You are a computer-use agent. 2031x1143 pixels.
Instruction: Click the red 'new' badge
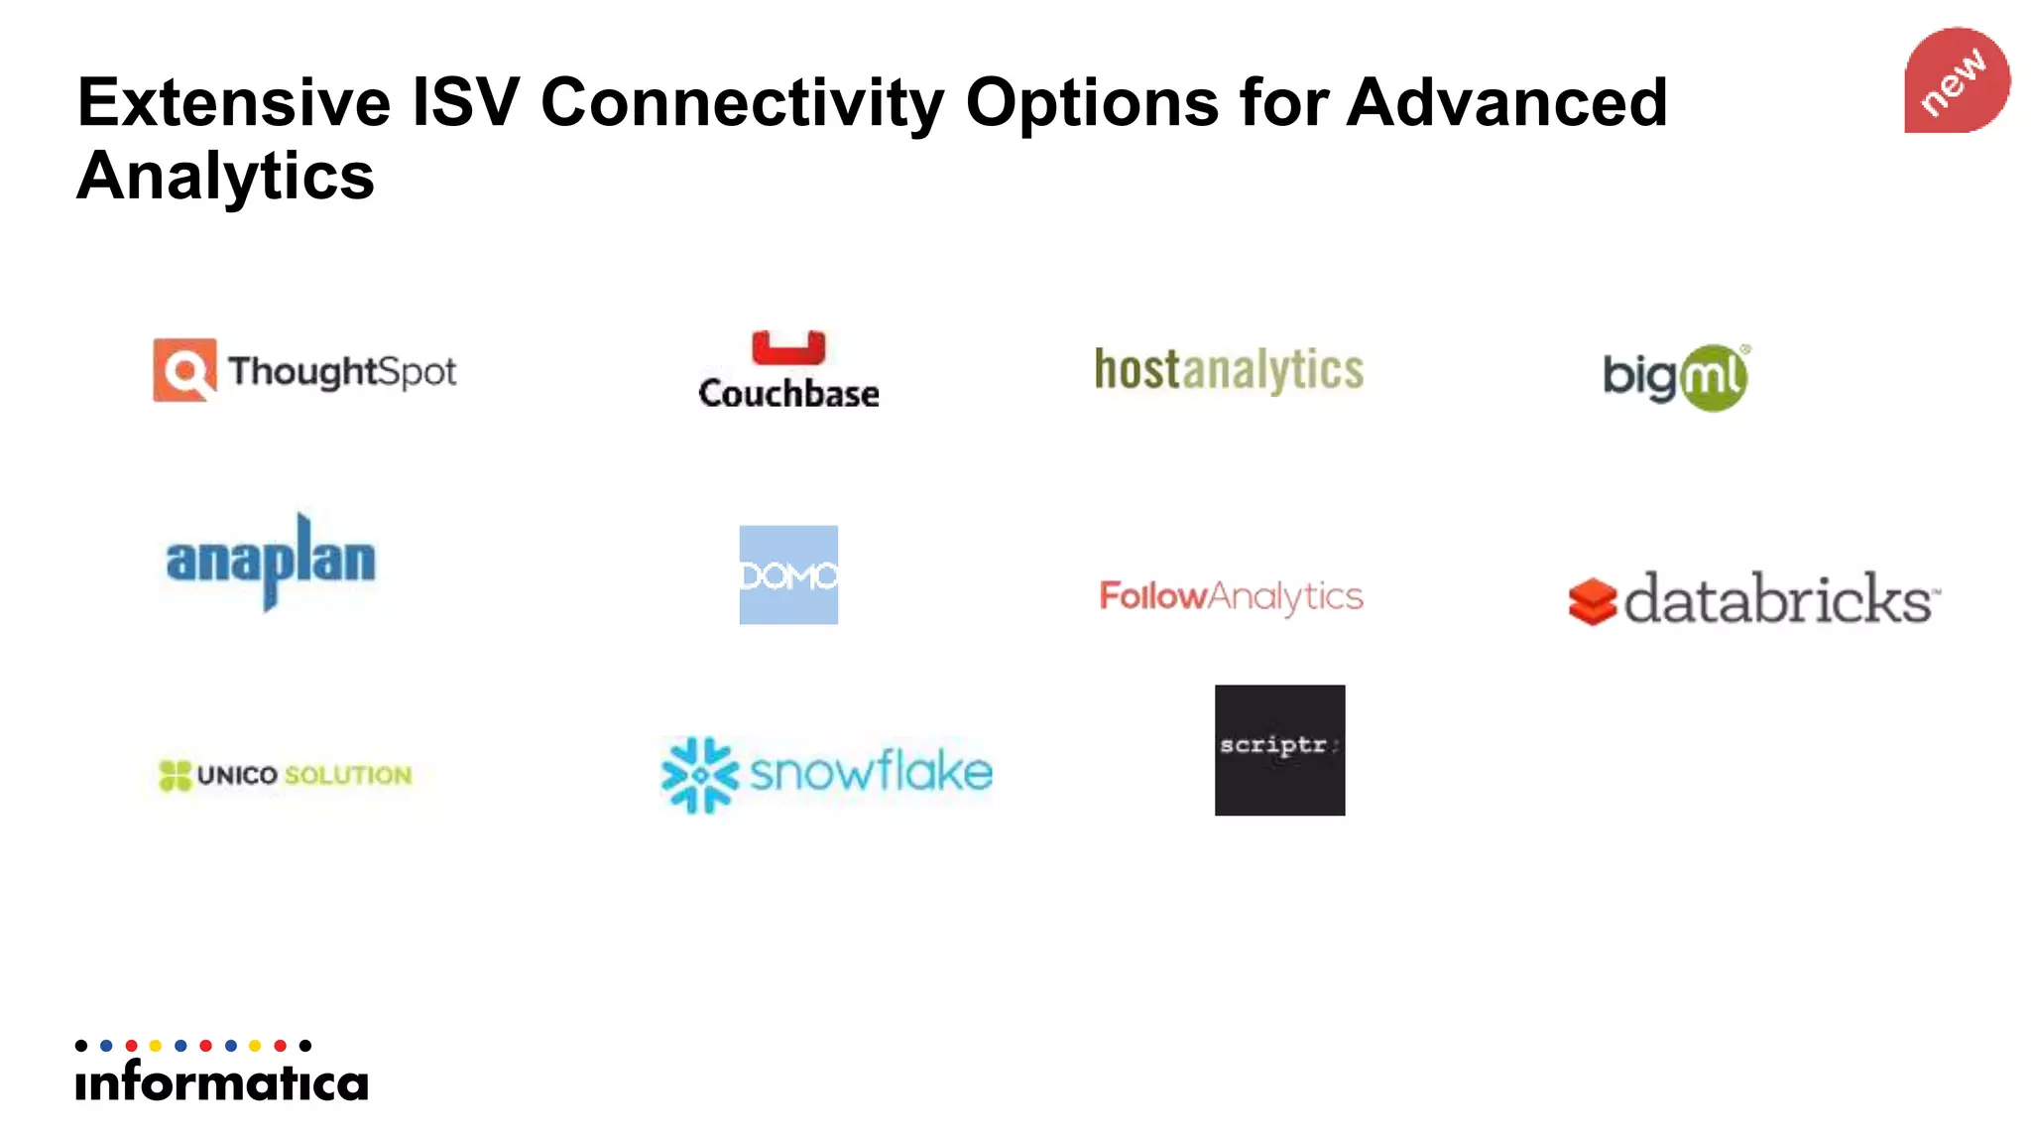pos(1956,80)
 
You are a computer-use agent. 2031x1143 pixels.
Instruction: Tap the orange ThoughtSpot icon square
pos(184,370)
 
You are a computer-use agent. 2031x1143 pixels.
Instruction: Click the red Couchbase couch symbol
pos(788,348)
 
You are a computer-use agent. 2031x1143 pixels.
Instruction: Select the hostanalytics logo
pos(1229,370)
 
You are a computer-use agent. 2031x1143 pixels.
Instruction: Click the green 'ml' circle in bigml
pos(1713,378)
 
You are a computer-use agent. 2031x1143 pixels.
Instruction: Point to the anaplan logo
pos(271,561)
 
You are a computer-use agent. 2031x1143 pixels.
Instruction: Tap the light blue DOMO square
pos(788,574)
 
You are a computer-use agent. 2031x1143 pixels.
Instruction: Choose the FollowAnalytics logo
pos(1231,596)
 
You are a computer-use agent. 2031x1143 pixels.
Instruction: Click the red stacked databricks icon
pos(1593,601)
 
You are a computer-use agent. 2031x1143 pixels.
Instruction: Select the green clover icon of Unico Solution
pos(175,775)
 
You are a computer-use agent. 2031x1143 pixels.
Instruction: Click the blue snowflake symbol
pos(700,774)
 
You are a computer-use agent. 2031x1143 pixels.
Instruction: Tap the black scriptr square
pos(1279,750)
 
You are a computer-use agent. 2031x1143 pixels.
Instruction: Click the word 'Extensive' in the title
pos(234,102)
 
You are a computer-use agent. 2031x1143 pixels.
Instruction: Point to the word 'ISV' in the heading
pos(465,102)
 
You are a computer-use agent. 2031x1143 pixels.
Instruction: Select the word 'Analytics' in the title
pos(226,176)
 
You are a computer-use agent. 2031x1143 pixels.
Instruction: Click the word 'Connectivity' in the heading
pos(742,104)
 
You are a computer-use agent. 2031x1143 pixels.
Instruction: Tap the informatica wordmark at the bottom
pos(222,1080)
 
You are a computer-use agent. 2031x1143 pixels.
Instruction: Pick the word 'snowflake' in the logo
pos(871,772)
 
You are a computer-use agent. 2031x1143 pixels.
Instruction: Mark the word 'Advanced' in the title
pos(1506,102)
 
